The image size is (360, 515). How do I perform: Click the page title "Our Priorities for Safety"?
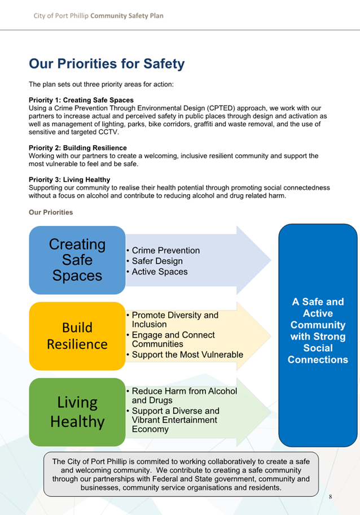click(x=107, y=64)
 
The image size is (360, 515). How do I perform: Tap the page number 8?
click(x=331, y=496)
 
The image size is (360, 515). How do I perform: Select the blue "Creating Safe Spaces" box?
click(x=77, y=260)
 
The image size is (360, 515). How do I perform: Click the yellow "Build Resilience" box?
click(x=77, y=336)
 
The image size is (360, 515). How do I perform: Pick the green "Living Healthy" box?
click(x=77, y=412)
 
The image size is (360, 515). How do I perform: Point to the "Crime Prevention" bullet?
click(x=163, y=250)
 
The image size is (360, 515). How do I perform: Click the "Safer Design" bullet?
click(x=155, y=261)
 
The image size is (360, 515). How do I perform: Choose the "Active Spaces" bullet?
click(x=157, y=272)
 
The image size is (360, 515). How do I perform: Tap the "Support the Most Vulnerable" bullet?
click(x=185, y=355)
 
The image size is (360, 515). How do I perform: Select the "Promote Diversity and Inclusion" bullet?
click(x=172, y=320)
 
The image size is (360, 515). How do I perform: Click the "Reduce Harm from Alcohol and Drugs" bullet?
click(x=182, y=395)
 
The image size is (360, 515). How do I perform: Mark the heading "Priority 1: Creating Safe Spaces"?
click(x=81, y=100)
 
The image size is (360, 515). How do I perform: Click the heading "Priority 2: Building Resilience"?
click(x=78, y=148)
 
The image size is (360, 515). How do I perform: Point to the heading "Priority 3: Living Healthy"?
click(x=69, y=180)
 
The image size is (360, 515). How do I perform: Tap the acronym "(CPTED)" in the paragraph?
click(x=222, y=108)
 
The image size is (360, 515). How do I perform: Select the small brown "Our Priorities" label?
click(x=51, y=212)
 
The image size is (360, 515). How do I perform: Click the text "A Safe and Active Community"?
click(x=318, y=313)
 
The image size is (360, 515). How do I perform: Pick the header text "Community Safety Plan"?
click(x=127, y=16)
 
